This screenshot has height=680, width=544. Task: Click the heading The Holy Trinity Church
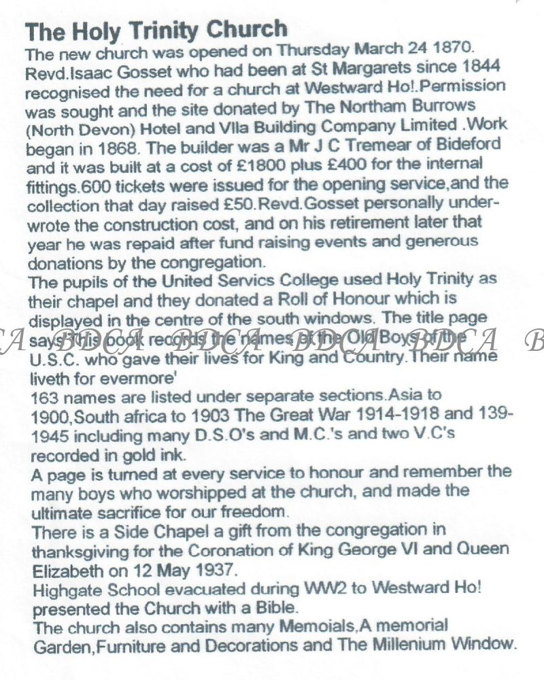156,30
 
